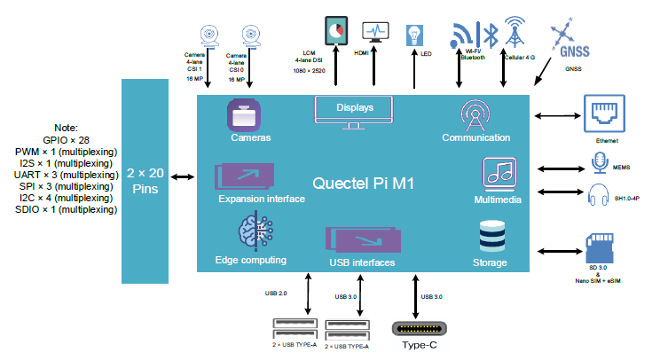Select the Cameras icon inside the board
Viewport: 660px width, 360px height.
pos(243,115)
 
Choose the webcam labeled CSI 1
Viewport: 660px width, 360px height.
pos(212,33)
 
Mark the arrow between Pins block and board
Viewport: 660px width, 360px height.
pos(182,177)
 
